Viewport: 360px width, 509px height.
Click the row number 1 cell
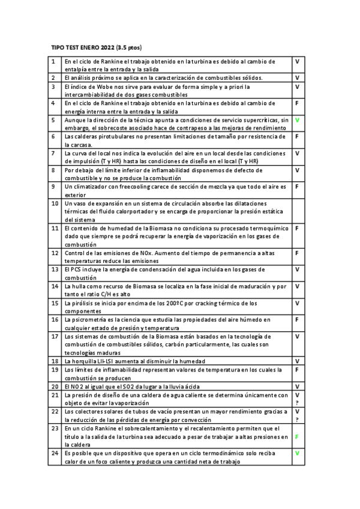tap(53, 61)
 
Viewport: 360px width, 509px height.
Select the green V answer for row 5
tap(297, 120)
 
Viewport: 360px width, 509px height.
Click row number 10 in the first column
tap(54, 203)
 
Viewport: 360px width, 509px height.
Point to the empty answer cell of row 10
tap(298, 211)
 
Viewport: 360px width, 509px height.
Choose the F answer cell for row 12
tap(297, 253)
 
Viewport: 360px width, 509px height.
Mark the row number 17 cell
tap(54, 336)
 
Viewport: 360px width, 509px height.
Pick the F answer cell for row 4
tap(297, 103)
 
